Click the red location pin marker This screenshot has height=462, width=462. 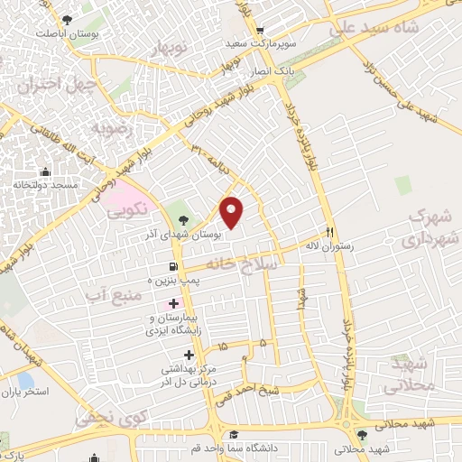pos(232,212)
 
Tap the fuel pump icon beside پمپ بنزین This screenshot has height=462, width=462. pos(172,266)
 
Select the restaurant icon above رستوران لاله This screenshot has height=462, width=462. pos(330,231)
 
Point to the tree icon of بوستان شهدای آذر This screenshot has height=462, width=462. pos(184,219)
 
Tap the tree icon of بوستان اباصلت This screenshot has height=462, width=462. pos(68,19)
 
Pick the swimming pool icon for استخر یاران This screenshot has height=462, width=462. pos(24,380)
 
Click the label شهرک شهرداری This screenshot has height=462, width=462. pos(428,228)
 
